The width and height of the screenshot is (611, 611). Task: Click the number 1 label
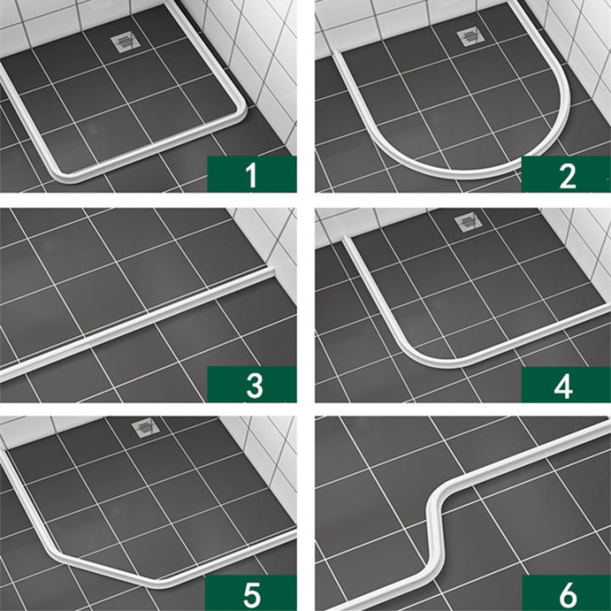(x=250, y=176)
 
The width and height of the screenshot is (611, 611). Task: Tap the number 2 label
(x=566, y=176)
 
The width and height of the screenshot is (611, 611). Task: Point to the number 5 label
(x=251, y=591)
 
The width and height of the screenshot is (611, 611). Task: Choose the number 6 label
(x=566, y=591)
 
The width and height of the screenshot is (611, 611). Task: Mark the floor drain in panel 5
(x=146, y=429)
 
